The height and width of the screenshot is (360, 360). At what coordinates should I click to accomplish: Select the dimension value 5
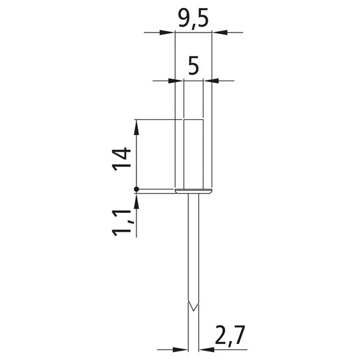[x=194, y=66]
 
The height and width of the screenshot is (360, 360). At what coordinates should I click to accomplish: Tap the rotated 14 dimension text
[x=121, y=159]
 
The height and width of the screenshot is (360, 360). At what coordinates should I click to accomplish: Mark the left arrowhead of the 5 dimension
[x=178, y=81]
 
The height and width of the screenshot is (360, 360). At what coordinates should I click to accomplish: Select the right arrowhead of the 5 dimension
[x=210, y=81]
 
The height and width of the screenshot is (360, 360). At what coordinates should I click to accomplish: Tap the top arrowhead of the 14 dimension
[x=136, y=124]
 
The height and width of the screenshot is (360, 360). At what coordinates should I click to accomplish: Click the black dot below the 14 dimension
[x=136, y=190]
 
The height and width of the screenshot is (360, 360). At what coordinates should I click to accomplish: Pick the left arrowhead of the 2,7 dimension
[x=184, y=348]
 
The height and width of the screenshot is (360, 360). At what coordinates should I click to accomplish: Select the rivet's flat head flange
[x=193, y=192]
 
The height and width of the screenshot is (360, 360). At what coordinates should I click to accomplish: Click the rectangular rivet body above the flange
[x=193, y=153]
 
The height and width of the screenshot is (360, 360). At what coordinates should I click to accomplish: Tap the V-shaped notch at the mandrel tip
[x=193, y=307]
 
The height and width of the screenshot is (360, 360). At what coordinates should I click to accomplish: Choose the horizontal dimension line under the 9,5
[x=193, y=31]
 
